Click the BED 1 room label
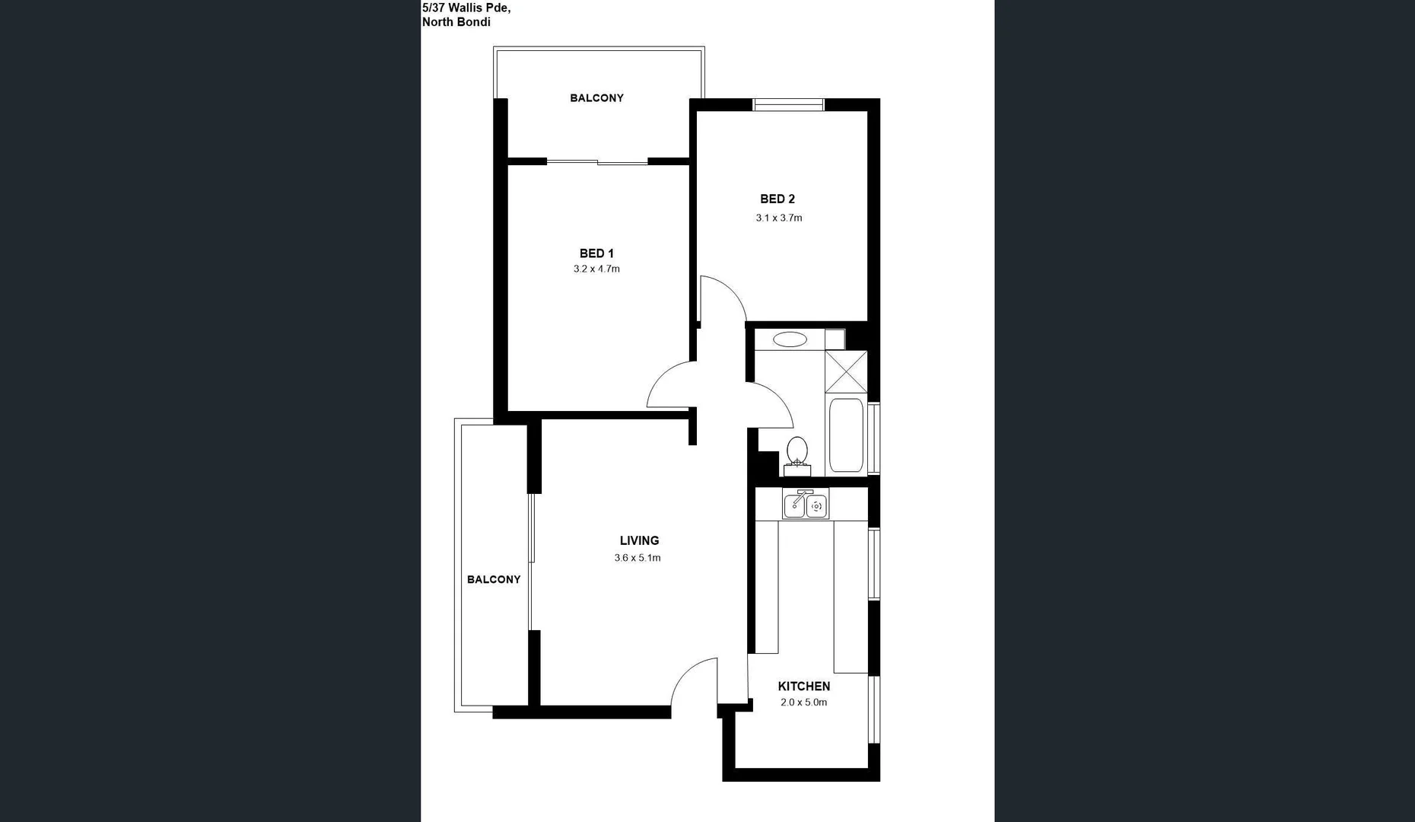pos(596,253)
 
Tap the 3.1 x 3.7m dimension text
pos(778,218)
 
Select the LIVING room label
pos(639,540)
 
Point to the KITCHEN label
pos(803,686)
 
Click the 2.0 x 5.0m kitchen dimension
pos(803,703)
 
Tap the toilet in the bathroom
pos(797,453)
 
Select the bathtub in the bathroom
pos(846,435)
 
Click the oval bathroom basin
pos(790,339)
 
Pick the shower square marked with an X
pos(846,371)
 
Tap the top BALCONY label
pos(596,97)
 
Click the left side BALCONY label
pos(494,579)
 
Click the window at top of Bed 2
pos(788,105)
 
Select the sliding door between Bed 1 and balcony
pos(597,161)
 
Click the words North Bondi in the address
pos(456,22)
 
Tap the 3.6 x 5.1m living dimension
pos(638,558)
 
